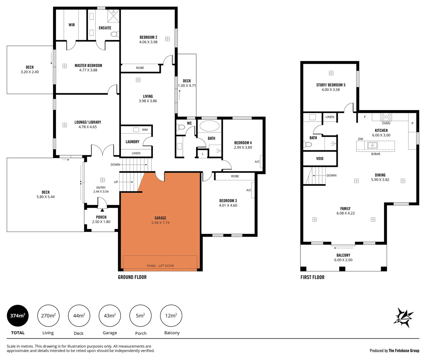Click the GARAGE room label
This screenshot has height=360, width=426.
coord(160,218)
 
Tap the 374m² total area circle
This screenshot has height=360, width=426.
coord(18,316)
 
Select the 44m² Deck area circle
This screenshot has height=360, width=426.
coord(79,316)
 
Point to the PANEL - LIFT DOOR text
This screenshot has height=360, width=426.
coord(160,266)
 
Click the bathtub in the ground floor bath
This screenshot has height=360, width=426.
coord(209,126)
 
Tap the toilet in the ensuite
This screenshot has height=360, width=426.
coord(114,34)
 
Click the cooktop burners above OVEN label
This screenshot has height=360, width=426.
coord(386,117)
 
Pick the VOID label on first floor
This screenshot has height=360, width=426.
coord(320,159)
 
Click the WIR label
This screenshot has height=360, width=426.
coord(72,25)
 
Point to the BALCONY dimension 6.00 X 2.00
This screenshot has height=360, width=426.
coord(343,260)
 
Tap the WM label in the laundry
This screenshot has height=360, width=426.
coord(145,130)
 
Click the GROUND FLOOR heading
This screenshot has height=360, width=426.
coord(132,277)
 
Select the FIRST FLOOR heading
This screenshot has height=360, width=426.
coord(312,277)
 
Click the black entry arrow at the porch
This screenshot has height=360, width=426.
coord(102,210)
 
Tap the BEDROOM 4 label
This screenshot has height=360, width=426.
coord(243,143)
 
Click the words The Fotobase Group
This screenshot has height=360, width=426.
coord(404,350)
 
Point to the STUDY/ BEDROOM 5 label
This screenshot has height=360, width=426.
coord(331,85)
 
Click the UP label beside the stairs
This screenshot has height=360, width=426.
coord(116,182)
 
